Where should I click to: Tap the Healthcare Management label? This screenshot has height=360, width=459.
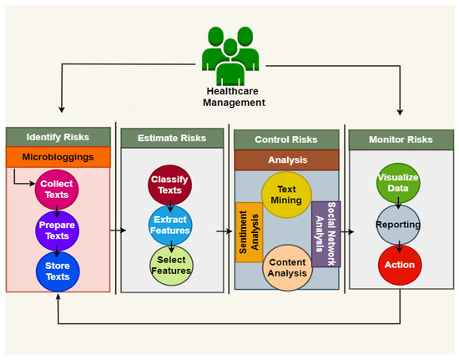234,97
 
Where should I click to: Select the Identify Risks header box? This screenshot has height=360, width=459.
59,135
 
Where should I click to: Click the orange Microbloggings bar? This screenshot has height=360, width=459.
59,156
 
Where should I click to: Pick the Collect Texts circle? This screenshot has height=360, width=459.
58,189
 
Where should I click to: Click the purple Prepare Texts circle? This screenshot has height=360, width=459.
58,231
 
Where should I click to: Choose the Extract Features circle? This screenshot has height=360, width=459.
170,224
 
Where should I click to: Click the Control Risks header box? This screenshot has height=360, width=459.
287,139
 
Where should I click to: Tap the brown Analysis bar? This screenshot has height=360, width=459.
287,160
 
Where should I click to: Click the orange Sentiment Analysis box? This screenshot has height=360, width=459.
249,232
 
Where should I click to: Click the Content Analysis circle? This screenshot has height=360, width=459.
287,267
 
